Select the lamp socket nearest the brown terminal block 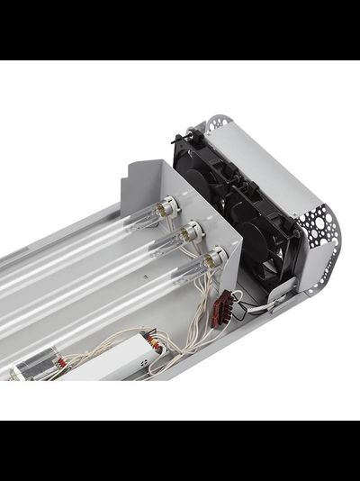pyautogui.click(x=212, y=259)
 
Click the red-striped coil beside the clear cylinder pyautogui.click(x=60, y=362)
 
